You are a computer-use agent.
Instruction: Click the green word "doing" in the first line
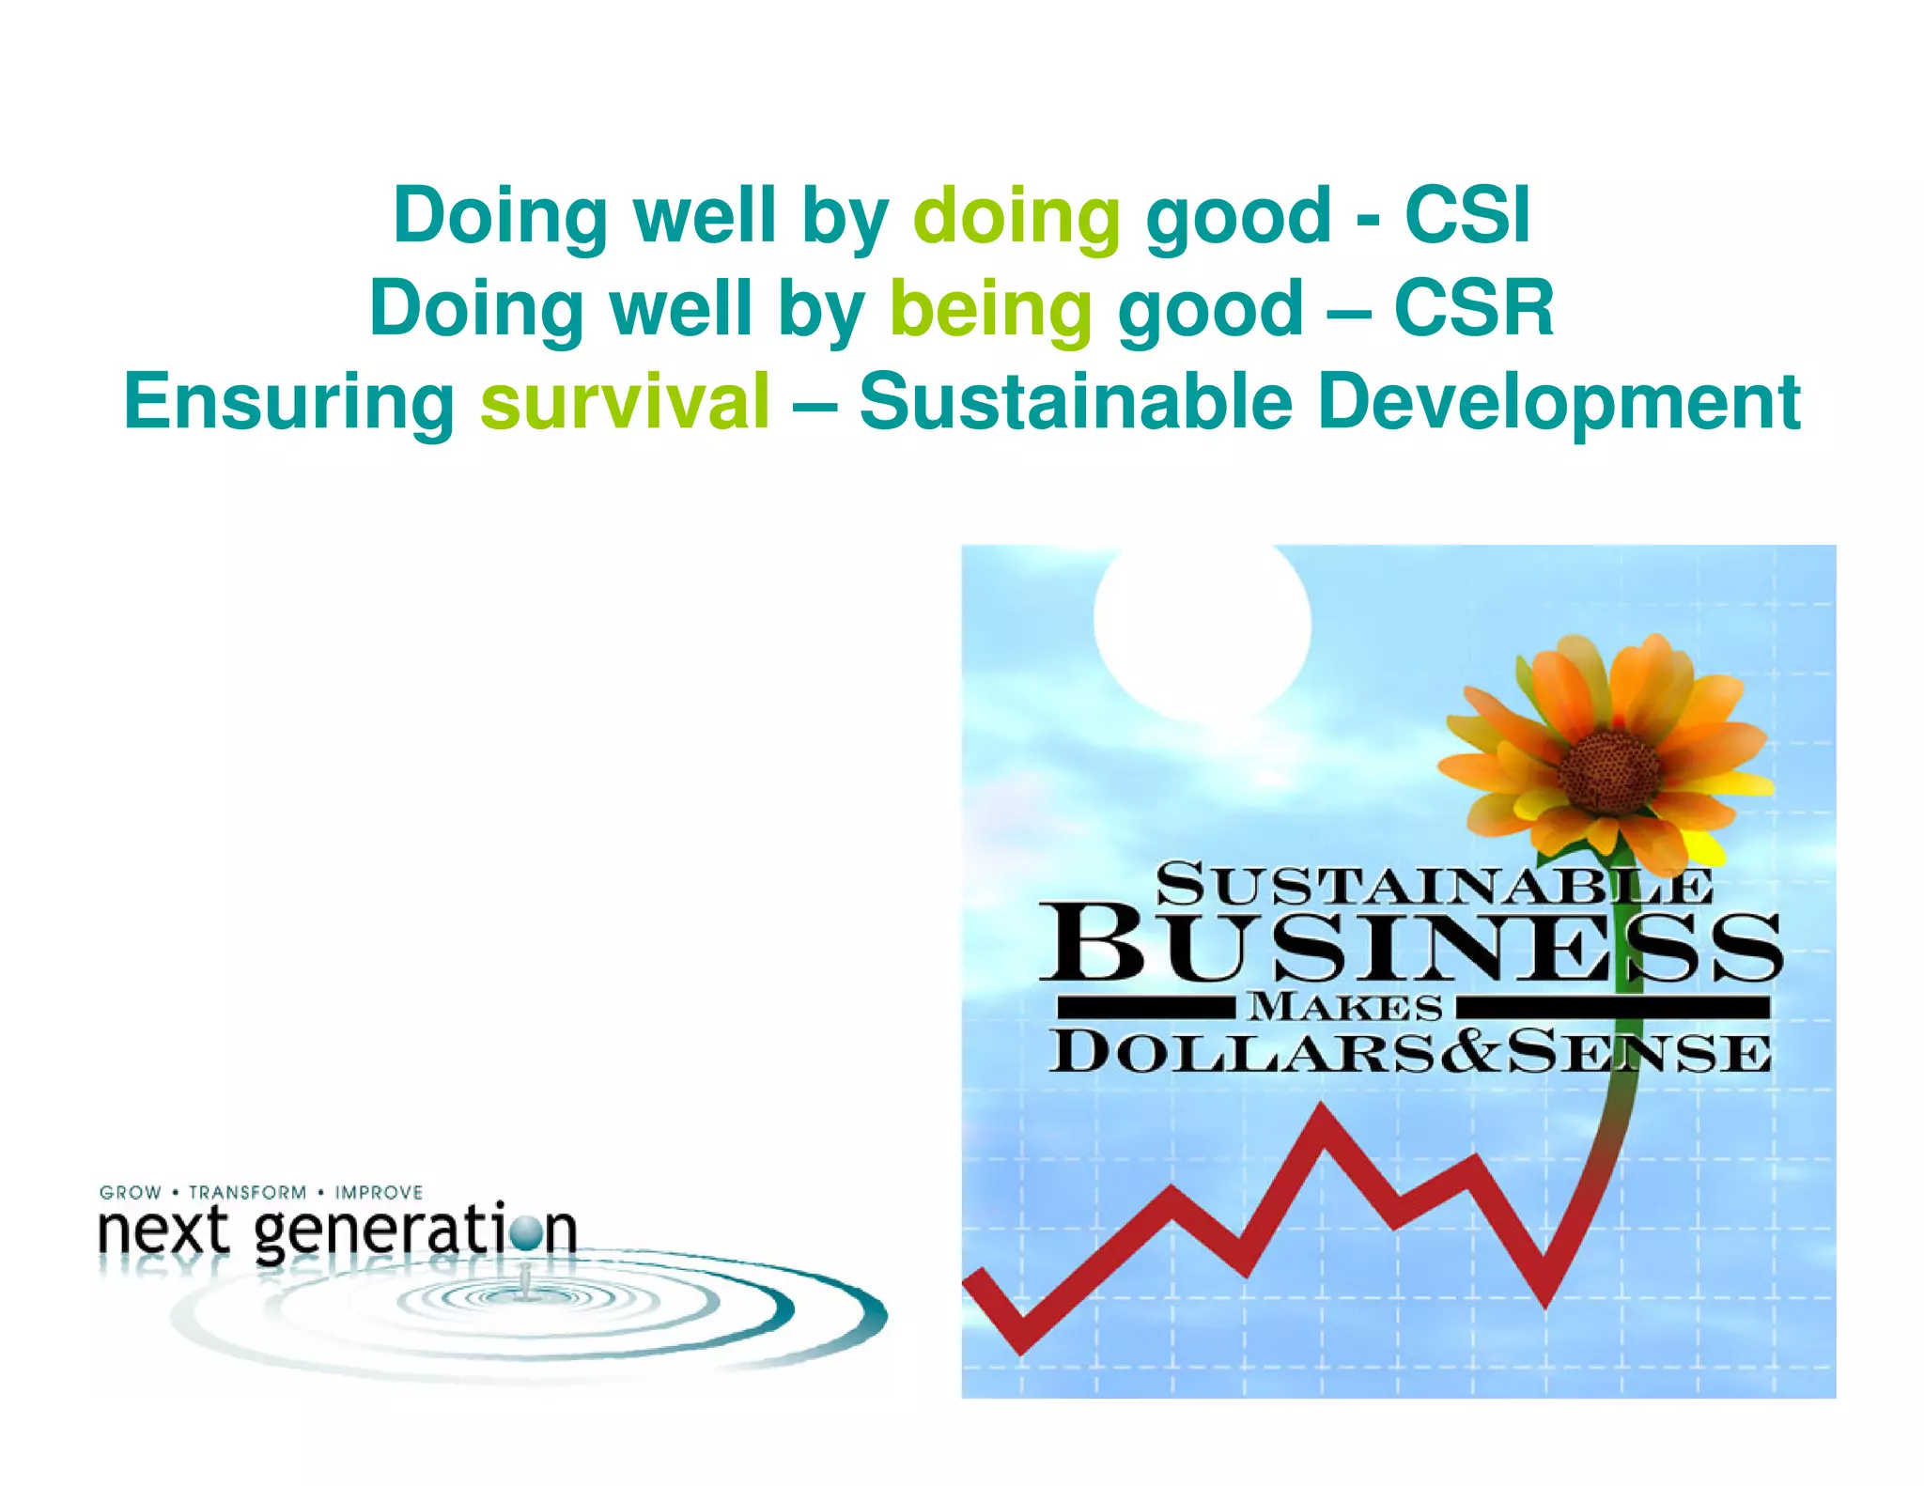point(1016,217)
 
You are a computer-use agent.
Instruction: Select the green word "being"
point(991,309)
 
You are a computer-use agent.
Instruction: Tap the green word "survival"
point(625,401)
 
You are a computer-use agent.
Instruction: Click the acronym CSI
point(1467,215)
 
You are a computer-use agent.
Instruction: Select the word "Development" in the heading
point(1559,403)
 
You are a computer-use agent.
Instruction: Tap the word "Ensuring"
point(289,403)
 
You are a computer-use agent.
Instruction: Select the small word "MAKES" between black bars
point(1345,1007)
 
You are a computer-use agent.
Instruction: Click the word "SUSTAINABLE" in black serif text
point(1433,886)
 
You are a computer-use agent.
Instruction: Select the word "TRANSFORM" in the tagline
point(248,1192)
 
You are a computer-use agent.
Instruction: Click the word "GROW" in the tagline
point(131,1192)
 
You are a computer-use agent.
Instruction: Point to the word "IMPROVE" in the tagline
point(379,1192)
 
